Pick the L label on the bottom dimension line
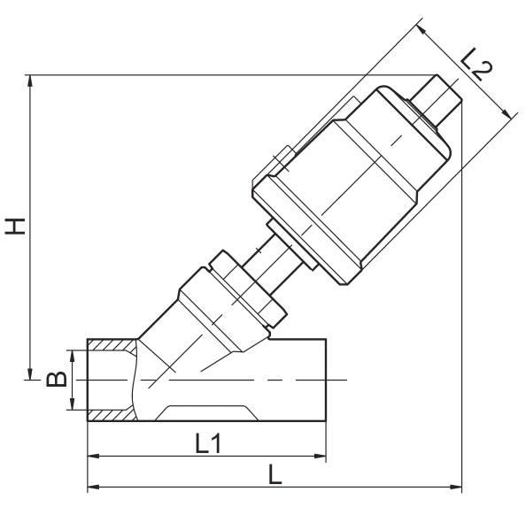point(275,474)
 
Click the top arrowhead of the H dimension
point(32,79)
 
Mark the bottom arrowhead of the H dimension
point(32,373)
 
